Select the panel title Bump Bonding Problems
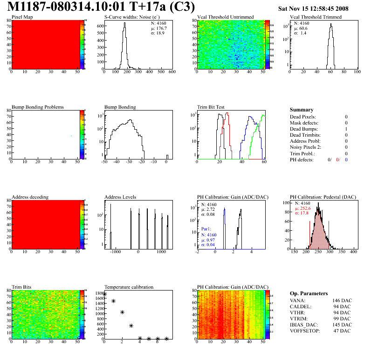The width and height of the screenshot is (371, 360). [x=38, y=107]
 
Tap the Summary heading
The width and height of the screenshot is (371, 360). [x=302, y=110]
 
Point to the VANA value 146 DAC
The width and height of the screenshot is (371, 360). [x=342, y=301]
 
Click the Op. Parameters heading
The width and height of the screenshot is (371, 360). [x=309, y=293]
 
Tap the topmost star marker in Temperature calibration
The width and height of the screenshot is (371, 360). [x=104, y=294]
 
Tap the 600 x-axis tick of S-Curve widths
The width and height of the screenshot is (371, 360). [x=172, y=72]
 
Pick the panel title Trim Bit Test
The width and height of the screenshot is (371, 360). [x=212, y=107]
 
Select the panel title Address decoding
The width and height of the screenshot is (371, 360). [x=30, y=197]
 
